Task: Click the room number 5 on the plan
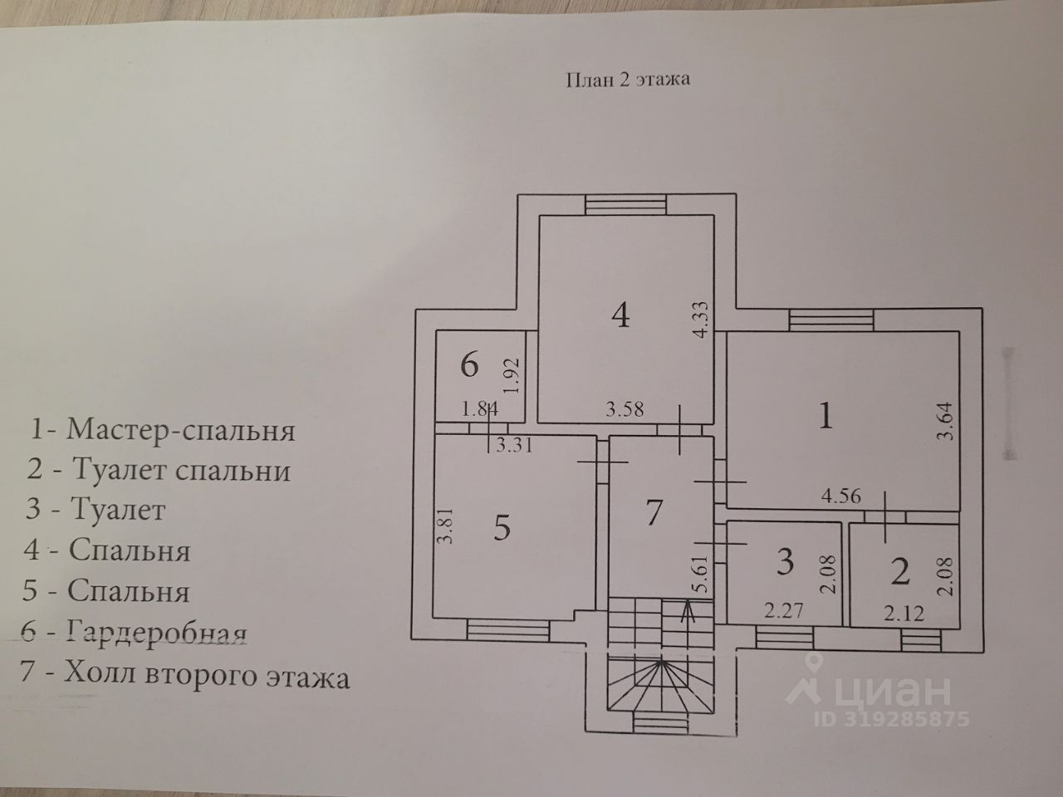click(501, 527)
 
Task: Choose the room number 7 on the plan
click(654, 512)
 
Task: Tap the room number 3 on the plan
click(784, 562)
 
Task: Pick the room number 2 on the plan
click(900, 570)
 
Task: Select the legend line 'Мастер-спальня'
click(163, 430)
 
